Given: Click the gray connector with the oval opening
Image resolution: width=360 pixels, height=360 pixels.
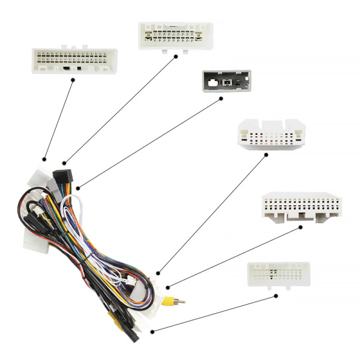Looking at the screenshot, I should coord(226,80).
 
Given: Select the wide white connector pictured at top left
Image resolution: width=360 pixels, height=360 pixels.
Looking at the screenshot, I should coord(74,61).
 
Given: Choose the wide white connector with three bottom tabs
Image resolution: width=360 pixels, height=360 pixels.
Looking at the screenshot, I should coord(302,207).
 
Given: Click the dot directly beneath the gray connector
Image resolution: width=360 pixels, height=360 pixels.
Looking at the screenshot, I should coord(221,98).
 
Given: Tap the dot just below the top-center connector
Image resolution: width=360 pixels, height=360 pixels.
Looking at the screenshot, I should coord(176,56).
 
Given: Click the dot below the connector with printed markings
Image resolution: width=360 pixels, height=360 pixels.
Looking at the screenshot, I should coord(276,295).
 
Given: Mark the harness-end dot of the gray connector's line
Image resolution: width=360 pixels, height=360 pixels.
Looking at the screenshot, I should coord(77,188).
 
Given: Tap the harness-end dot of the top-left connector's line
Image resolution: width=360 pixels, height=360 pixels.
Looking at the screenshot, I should coord(44,159).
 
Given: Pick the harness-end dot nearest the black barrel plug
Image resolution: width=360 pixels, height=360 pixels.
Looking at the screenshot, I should coord(153,331).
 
